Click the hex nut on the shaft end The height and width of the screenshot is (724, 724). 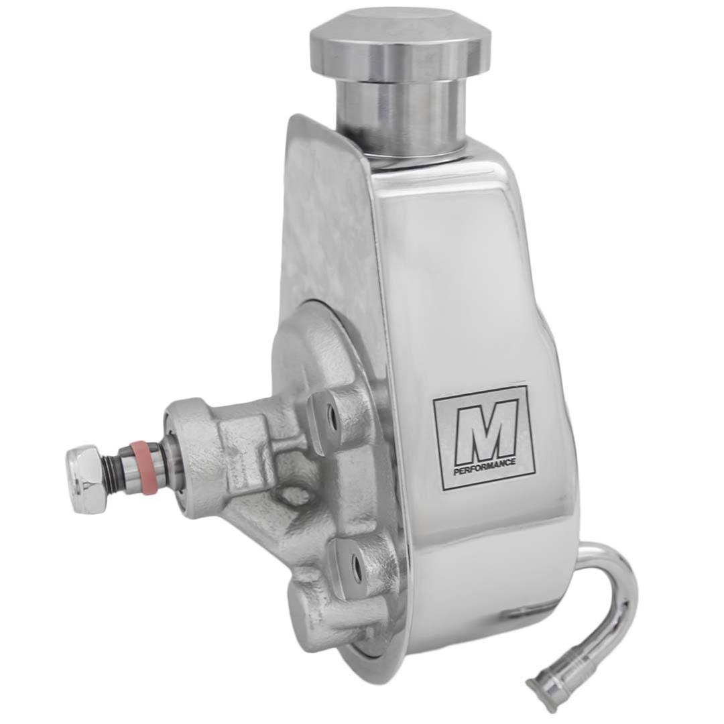[x=86, y=479]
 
